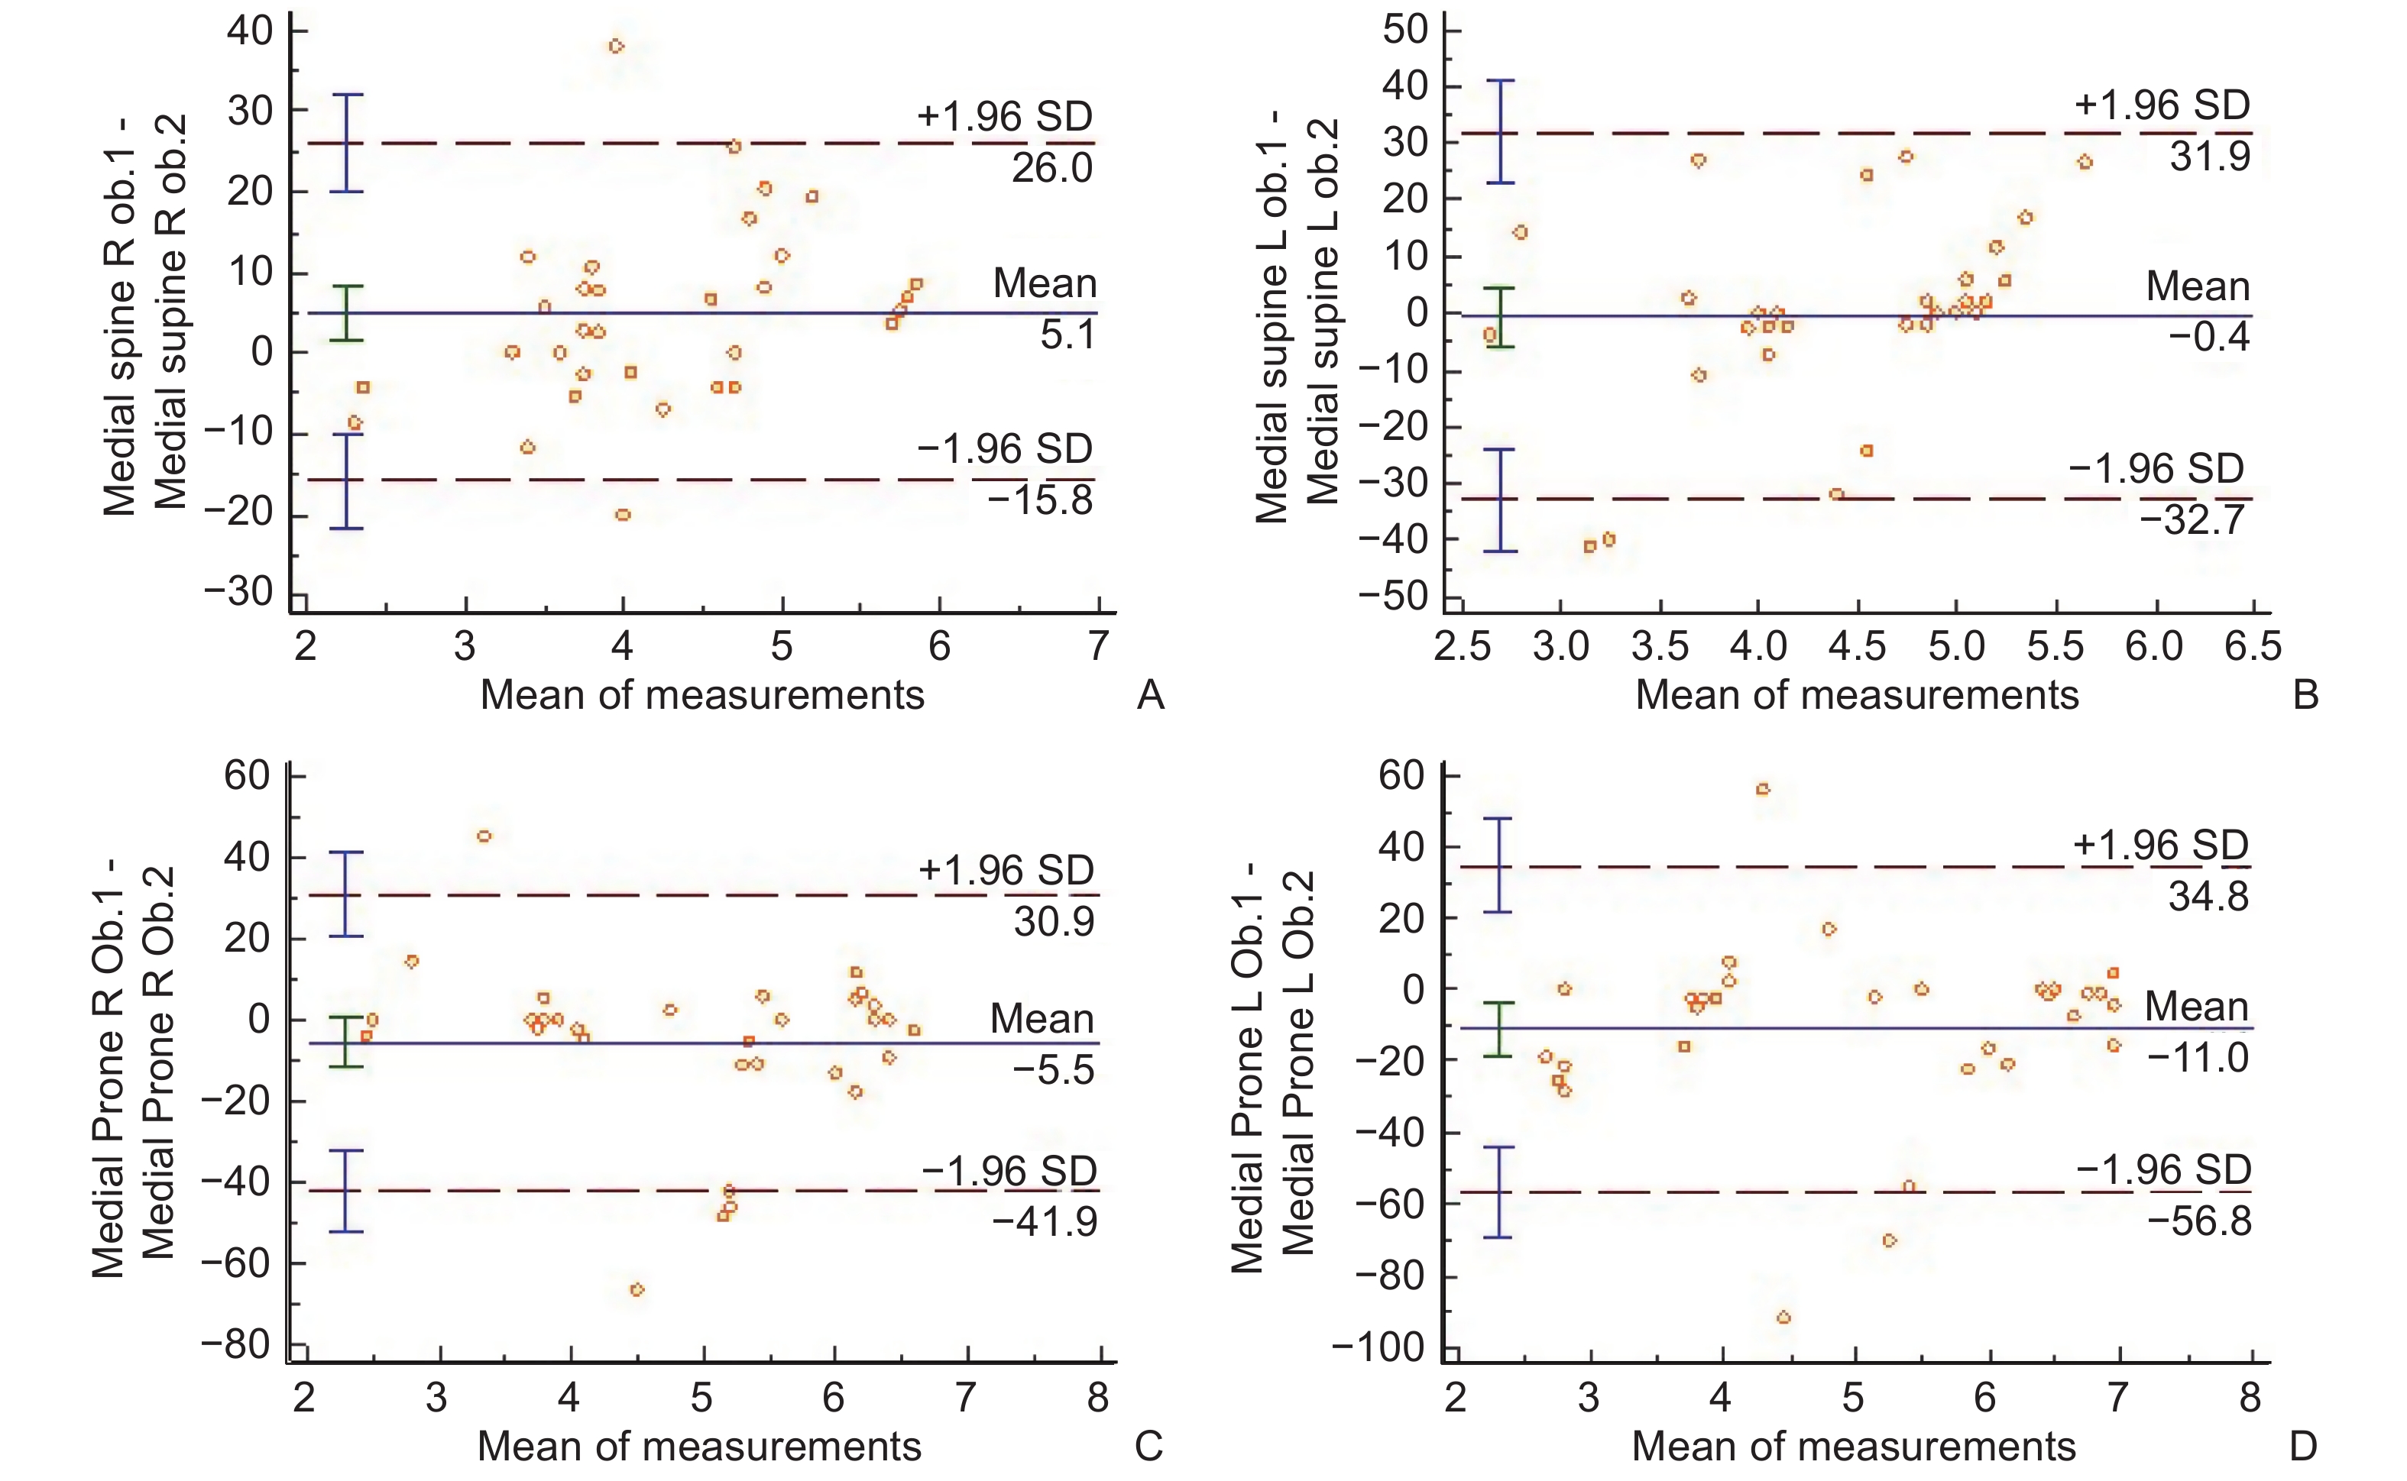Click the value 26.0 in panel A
pyautogui.click(x=1051, y=169)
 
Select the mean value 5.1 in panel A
pyautogui.click(x=1067, y=335)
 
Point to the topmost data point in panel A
pyautogui.click(x=616, y=46)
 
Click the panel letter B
pyautogui.click(x=2305, y=696)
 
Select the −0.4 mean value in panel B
pyautogui.click(x=2208, y=337)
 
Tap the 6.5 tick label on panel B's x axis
pyautogui.click(x=2252, y=646)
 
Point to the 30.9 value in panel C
pyautogui.click(x=1053, y=922)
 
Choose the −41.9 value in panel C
pyautogui.click(x=1045, y=1221)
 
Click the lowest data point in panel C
pyautogui.click(x=637, y=1290)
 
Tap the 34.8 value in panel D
pyautogui.click(x=2208, y=896)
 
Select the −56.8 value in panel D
pyautogui.click(x=2199, y=1221)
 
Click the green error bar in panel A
pyautogui.click(x=346, y=313)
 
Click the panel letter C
pyautogui.click(x=1148, y=1446)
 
